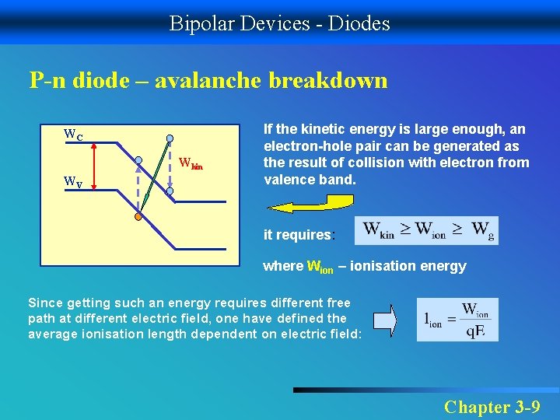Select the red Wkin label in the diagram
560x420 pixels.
click(x=191, y=163)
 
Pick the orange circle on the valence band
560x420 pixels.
click(x=138, y=217)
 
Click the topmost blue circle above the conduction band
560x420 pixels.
click(x=170, y=141)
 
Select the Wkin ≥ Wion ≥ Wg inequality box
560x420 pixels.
click(x=425, y=231)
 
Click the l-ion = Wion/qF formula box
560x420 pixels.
click(x=457, y=319)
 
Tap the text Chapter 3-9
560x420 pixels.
click(x=492, y=406)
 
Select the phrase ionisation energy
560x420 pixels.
click(x=408, y=266)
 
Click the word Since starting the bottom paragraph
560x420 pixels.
click(x=45, y=303)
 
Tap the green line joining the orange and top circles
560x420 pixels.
click(x=154, y=179)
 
